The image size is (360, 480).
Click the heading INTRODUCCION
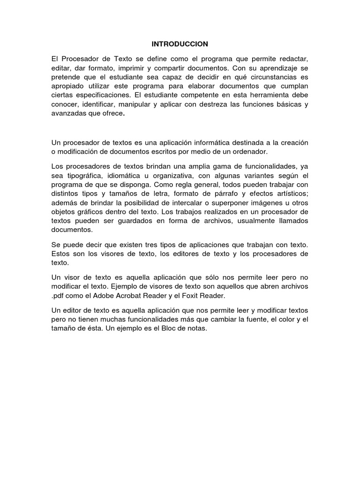180,44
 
